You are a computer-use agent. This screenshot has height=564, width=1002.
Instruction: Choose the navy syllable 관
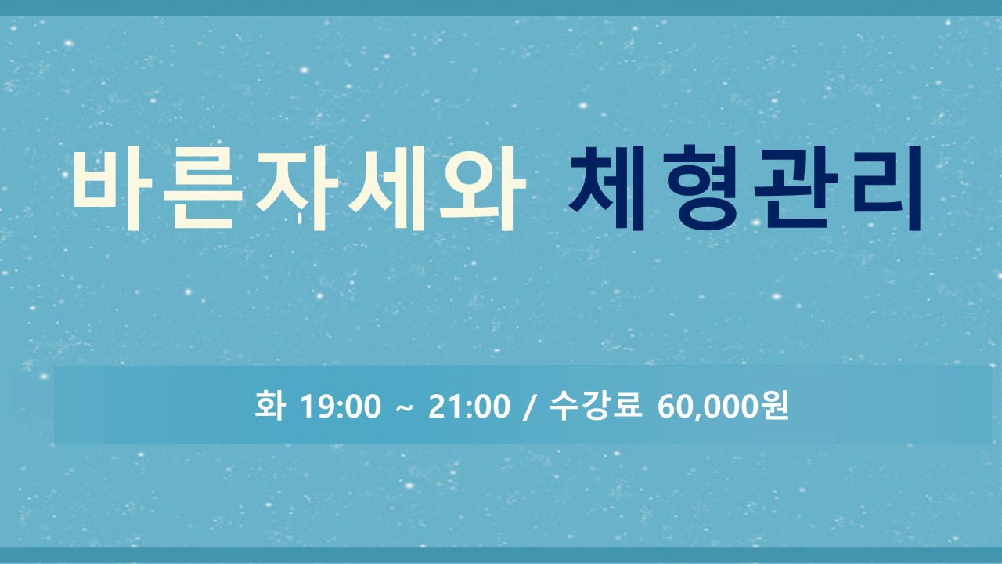click(796, 187)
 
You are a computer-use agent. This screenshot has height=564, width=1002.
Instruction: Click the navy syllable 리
click(887, 187)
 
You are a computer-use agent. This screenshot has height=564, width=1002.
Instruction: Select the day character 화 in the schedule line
click(270, 405)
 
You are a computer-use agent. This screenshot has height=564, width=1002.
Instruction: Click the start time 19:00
click(341, 407)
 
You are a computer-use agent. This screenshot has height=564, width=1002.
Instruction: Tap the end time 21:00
click(469, 407)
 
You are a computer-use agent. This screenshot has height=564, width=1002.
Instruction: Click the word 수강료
click(596, 405)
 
